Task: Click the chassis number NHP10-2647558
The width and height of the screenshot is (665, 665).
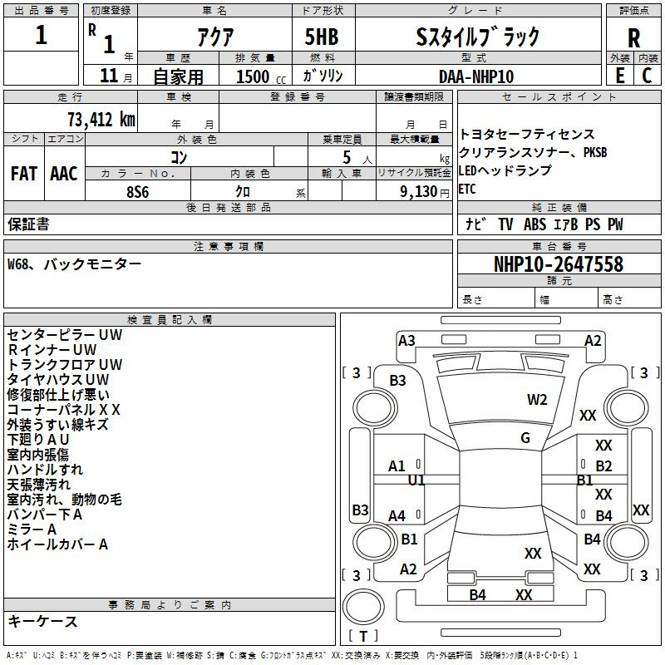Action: (558, 264)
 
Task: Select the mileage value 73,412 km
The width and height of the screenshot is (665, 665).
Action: (101, 118)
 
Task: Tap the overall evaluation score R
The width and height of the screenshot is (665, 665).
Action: (633, 38)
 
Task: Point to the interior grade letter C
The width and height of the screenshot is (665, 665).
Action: (648, 75)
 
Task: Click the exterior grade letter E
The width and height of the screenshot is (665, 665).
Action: (619, 75)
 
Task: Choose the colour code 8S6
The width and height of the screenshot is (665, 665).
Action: (137, 190)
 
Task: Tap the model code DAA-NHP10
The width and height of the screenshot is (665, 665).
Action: (476, 76)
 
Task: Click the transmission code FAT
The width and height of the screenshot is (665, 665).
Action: (23, 174)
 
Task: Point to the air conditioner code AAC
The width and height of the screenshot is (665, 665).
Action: (64, 174)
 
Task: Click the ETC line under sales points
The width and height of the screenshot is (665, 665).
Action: (467, 189)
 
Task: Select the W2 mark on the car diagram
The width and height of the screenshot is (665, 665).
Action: (537, 399)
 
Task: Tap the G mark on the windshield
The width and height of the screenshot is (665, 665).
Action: (525, 437)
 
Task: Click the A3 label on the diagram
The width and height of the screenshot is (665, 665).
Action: (406, 340)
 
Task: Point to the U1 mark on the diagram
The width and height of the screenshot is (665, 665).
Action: (416, 480)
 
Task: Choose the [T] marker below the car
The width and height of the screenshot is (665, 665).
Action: (363, 637)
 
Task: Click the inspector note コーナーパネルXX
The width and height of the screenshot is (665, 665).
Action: (64, 409)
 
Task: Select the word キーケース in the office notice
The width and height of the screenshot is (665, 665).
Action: (43, 621)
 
